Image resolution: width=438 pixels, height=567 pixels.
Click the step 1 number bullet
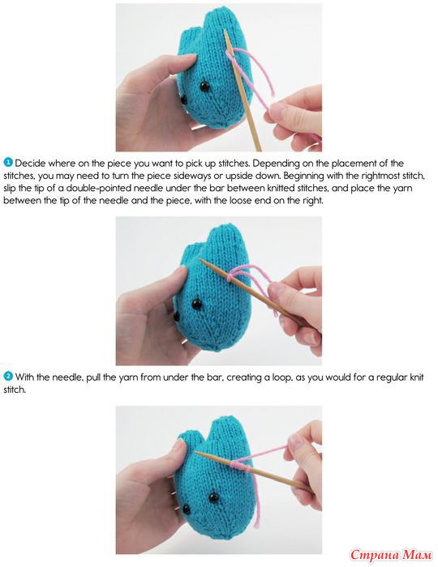tap(8, 162)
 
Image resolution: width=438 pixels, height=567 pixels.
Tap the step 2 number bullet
tap(8, 377)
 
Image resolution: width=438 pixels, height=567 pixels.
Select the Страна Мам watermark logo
tap(391, 554)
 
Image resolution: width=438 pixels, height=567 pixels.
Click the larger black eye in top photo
tap(204, 87)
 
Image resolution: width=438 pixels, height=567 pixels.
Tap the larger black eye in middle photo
tap(196, 304)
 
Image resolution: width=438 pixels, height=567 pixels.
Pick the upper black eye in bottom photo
tap(213, 497)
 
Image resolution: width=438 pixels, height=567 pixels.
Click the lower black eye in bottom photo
tap(186, 509)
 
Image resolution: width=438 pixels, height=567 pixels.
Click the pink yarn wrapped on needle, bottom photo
tap(241, 467)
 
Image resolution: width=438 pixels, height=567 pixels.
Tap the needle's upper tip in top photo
tap(225, 32)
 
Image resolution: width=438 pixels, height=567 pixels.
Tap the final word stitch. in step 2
tap(15, 390)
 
